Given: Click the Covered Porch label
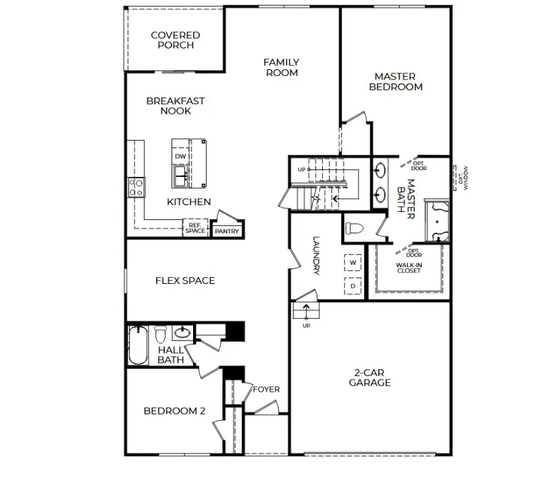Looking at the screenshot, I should [175, 40].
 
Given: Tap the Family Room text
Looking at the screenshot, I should [281, 67].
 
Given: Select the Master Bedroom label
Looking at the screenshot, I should [395, 81].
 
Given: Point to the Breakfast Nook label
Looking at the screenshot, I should [175, 106].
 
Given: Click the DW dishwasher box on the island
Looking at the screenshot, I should [180, 156].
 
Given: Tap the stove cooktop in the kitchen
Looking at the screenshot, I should [137, 187].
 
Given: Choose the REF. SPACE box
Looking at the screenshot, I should [195, 228].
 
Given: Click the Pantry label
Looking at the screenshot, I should [227, 231].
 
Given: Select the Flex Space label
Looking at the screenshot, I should [185, 281].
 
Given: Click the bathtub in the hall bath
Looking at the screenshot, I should [138, 344].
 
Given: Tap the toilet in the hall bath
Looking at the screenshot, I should [161, 334].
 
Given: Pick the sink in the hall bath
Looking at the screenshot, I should [182, 332].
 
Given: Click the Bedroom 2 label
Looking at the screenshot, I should [174, 411].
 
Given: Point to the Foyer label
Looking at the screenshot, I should [266, 390].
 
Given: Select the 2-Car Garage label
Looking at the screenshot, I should [369, 377].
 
